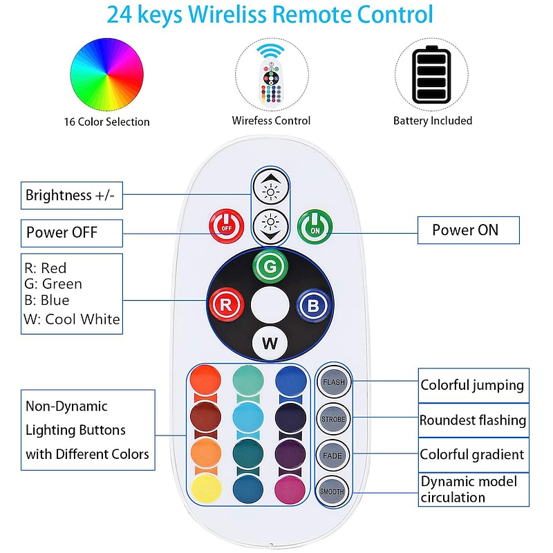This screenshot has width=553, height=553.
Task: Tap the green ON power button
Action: pyautogui.click(x=315, y=225)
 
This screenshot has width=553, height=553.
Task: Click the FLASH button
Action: pyautogui.click(x=334, y=382)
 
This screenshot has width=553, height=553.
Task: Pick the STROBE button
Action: pyautogui.click(x=334, y=419)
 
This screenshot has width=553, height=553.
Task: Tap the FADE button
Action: pyautogui.click(x=334, y=455)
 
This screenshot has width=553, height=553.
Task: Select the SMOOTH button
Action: pyautogui.click(x=334, y=491)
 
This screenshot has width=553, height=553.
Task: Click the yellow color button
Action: pyautogui.click(x=205, y=489)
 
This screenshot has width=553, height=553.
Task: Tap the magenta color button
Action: pyautogui.click(x=290, y=489)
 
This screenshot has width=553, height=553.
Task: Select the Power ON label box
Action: pyautogui.click(x=467, y=230)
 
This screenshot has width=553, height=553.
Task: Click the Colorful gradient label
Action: pyautogui.click(x=472, y=455)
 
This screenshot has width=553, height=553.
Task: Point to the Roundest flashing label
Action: pyautogui.click(x=473, y=420)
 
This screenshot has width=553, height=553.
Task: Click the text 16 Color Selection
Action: pyautogui.click(x=106, y=122)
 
